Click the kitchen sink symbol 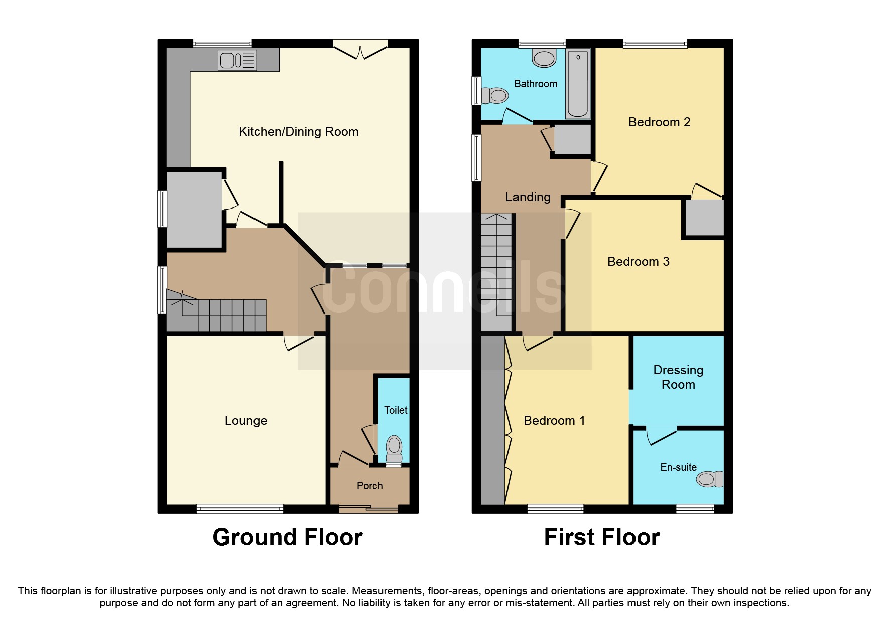coord(237,61)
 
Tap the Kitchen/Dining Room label coord(299,132)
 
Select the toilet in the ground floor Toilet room coord(394,449)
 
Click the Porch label coord(369,486)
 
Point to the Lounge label coord(245,421)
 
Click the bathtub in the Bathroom coord(577,83)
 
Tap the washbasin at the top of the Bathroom coord(544,58)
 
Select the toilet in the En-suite coord(710,479)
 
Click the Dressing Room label coord(678,377)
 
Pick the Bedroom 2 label coord(659,122)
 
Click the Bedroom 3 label coord(638,262)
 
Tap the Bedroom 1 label coord(554,421)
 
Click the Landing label coord(528,197)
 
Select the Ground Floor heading coord(287,537)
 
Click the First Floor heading coord(601,537)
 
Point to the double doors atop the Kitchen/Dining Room coord(360,50)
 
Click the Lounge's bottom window coord(239,509)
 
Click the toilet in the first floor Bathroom coord(494,95)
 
